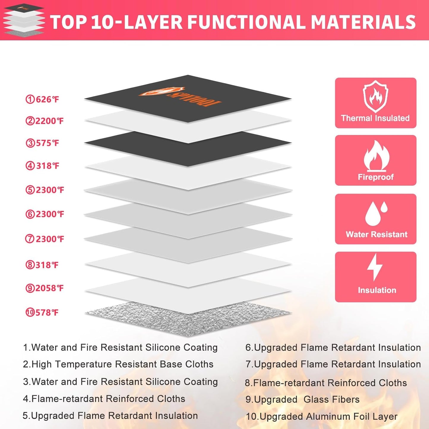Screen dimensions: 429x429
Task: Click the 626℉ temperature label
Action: pyautogui.click(x=42, y=99)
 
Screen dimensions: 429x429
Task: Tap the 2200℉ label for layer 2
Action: pyautogui.click(x=45, y=121)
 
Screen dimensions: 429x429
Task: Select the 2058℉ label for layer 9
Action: pyautogui.click(x=45, y=288)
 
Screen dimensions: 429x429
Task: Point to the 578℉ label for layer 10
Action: pyautogui.click(x=42, y=313)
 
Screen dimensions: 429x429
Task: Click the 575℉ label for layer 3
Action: pyautogui.click(x=42, y=143)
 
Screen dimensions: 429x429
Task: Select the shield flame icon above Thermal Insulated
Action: pyautogui.click(x=376, y=96)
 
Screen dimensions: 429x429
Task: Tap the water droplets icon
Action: pyautogui.click(x=376, y=213)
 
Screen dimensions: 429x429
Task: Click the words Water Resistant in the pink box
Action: pyautogui.click(x=376, y=235)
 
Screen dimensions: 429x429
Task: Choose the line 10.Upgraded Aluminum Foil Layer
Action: pyautogui.click(x=322, y=417)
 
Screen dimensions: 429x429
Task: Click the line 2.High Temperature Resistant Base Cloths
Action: pyautogui.click(x=118, y=364)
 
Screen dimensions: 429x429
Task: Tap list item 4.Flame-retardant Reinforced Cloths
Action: pyautogui.click(x=104, y=399)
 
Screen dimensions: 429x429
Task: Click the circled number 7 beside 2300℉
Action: pyautogui.click(x=30, y=239)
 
